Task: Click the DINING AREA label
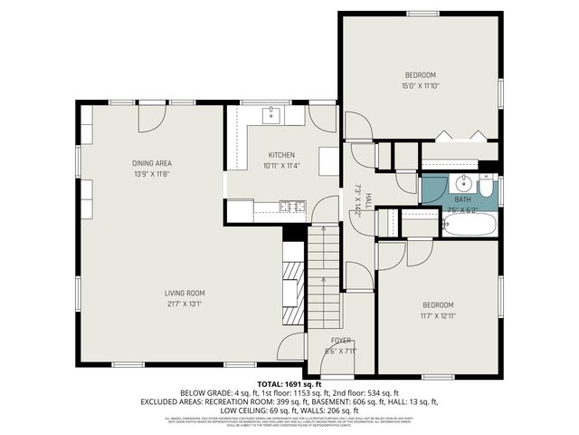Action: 151,163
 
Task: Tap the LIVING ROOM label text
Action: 185,293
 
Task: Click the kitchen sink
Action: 271,115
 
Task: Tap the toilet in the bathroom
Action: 487,188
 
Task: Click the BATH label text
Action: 462,199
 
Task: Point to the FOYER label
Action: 341,341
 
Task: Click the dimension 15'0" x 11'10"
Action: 421,85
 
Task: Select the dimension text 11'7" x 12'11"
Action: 438,316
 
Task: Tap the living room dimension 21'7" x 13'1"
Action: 185,304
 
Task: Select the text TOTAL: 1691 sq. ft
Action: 289,384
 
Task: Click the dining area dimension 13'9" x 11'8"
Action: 151,173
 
